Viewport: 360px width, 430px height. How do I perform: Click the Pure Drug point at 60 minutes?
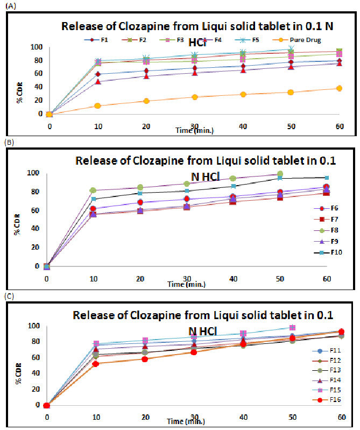tap(339, 88)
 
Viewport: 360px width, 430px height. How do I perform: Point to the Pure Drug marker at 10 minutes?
tap(97, 105)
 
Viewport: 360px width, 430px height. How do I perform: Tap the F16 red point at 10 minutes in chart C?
tap(96, 364)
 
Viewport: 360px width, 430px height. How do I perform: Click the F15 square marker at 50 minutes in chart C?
tap(293, 327)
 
